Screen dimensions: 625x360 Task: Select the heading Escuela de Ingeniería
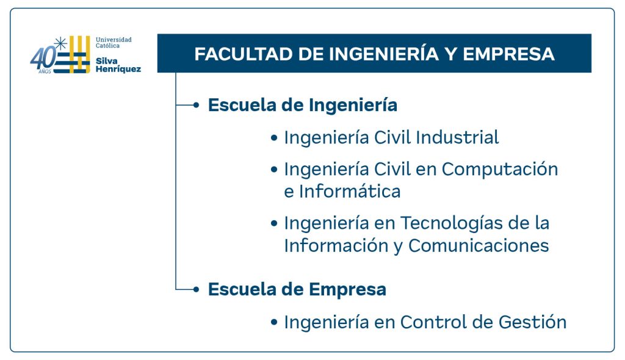click(303, 105)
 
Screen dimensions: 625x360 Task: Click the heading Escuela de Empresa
click(297, 289)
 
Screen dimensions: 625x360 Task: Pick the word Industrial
click(457, 137)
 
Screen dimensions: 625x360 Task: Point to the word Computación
click(500, 169)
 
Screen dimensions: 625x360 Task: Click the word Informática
click(350, 192)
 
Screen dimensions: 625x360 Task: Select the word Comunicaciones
click(479, 245)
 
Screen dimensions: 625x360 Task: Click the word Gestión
click(532, 322)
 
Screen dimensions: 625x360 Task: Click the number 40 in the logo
click(43, 58)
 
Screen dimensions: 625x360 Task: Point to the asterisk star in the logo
click(60, 43)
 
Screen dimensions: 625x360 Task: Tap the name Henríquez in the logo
click(118, 70)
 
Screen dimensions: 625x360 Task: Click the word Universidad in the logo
click(114, 40)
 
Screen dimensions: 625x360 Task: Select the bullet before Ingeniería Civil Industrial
click(274, 138)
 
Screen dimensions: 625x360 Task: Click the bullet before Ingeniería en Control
click(274, 322)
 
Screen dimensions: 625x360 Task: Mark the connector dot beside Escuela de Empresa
click(196, 289)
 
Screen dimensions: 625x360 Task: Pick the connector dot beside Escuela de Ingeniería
click(196, 105)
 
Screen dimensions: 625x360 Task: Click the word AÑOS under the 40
click(45, 72)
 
